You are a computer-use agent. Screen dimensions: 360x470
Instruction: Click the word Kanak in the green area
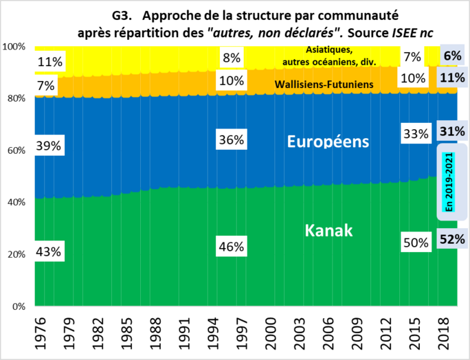[328, 230]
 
